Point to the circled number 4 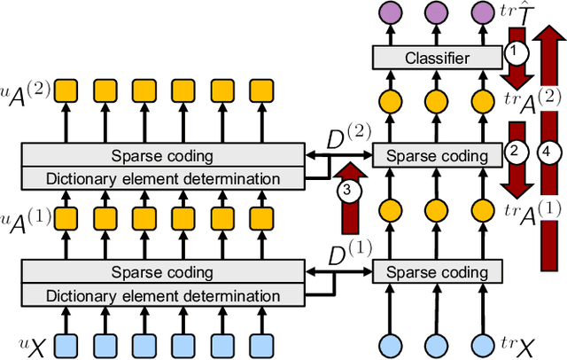click(551, 153)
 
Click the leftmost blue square click(67, 343)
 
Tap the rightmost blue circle click(481, 343)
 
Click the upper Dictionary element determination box click(161, 178)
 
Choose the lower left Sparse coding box click(161, 271)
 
